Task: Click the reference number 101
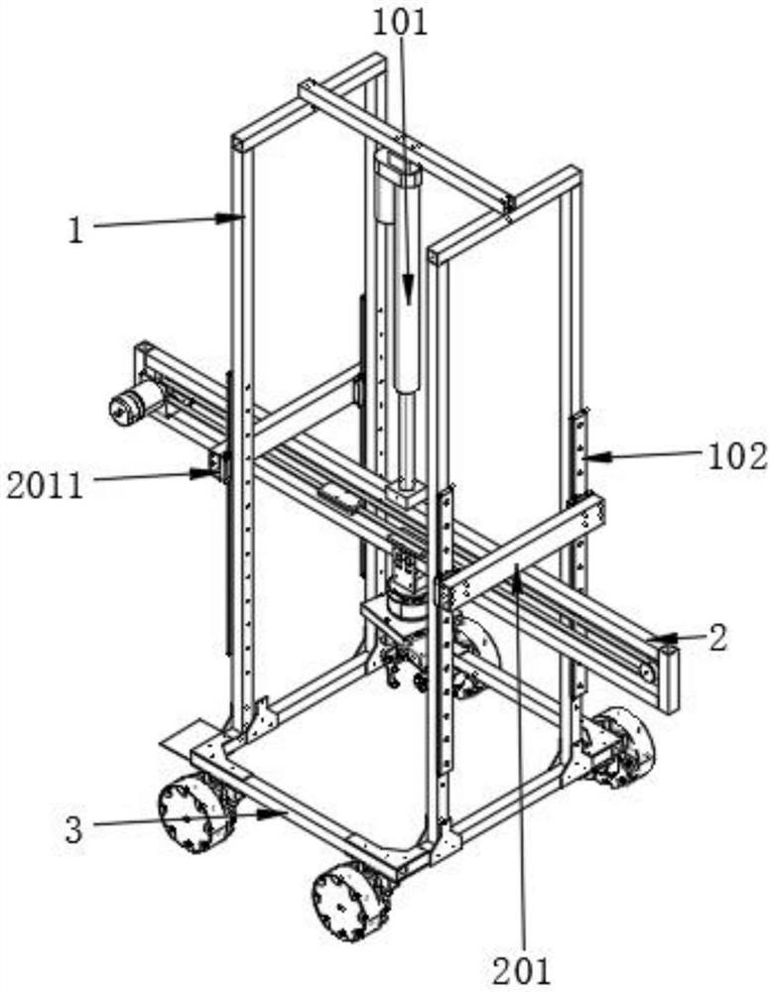click(400, 22)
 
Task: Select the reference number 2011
click(44, 485)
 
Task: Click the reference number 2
click(716, 637)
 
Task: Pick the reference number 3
click(74, 829)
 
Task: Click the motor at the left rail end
click(129, 403)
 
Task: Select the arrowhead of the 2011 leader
click(216, 472)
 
